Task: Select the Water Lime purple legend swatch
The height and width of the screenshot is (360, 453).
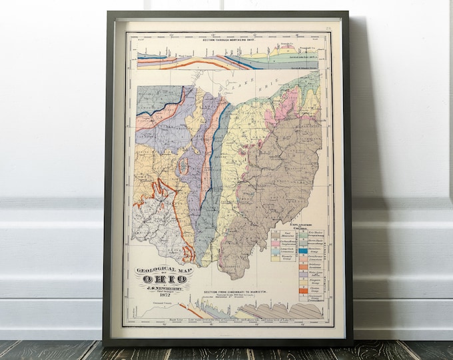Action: pos(303,271)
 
